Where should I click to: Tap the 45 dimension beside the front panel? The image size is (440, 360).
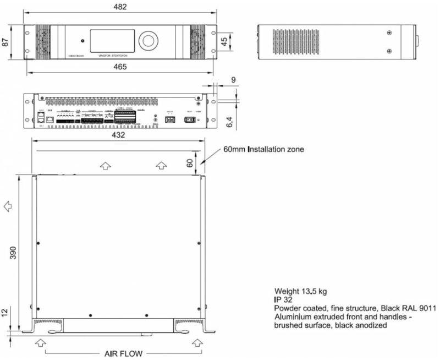[x=224, y=41]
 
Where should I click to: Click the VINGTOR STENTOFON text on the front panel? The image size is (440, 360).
[x=113, y=56]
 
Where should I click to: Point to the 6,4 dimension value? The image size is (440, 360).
[x=232, y=122]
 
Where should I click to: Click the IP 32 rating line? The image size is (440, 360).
[x=285, y=299]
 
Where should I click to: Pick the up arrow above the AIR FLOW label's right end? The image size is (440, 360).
[x=197, y=343]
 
